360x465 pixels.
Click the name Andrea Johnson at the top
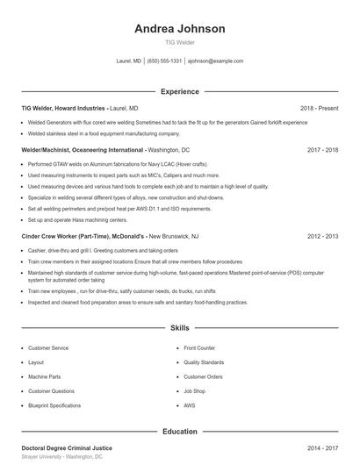180,28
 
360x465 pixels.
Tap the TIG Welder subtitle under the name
180,42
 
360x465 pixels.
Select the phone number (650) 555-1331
164,61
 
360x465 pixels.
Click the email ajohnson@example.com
216,61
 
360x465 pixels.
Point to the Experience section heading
180,91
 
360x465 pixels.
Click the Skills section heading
180,328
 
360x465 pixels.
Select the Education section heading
180,432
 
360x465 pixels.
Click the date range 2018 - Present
319,108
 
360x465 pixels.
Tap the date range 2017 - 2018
323,150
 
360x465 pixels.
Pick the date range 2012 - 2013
323,236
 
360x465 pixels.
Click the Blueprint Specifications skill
54,405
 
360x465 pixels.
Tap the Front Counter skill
199,348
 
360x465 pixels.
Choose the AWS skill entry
190,405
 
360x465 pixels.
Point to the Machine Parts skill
45,377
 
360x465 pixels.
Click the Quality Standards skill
204,362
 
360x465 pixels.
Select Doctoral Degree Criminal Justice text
67,448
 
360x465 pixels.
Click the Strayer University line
61,457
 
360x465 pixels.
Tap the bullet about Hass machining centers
70,219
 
